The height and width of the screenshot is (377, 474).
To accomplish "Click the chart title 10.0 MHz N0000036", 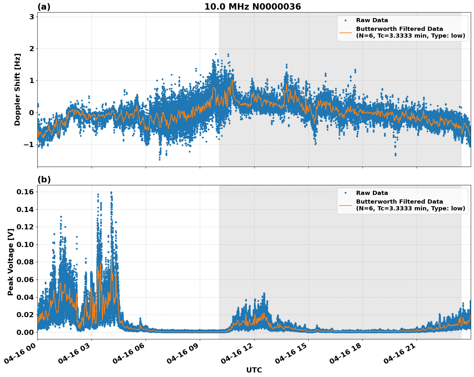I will (x=252, y=7).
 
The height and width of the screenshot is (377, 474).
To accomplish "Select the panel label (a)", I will (x=44, y=7).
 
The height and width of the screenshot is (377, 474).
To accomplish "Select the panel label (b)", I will (x=44, y=179).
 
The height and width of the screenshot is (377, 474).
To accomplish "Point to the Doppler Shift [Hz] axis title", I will (x=17, y=89).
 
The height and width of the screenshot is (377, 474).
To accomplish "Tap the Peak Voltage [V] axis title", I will (x=11, y=262).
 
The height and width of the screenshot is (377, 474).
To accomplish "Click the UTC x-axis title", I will (x=254, y=370).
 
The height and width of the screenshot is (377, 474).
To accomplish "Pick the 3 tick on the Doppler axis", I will (x=32, y=17).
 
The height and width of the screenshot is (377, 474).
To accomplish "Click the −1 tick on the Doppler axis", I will (x=28, y=144).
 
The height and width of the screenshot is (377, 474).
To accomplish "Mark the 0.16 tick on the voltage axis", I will (x=25, y=192).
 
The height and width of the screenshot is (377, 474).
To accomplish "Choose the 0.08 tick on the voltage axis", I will (x=25, y=262).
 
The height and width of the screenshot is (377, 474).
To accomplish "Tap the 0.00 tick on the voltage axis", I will (x=25, y=332).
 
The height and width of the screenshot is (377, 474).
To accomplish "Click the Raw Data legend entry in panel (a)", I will (x=372, y=20).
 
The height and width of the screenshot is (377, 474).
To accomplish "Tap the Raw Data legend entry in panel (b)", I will (x=372, y=193).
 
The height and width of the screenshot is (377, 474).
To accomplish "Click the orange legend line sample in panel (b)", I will (x=345, y=205).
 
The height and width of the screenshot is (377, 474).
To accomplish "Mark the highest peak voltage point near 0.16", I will (x=111, y=192).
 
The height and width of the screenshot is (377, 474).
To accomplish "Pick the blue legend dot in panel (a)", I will (x=345, y=20).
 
